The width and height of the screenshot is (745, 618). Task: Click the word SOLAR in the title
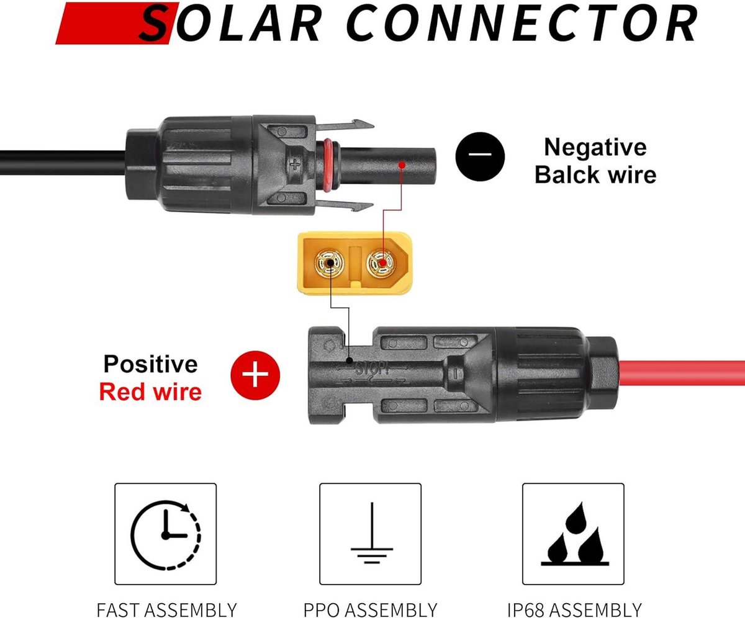point(230,22)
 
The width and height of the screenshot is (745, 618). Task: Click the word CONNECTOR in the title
point(521,23)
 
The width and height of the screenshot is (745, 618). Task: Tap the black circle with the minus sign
point(480,156)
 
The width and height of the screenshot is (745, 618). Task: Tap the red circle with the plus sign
point(255,375)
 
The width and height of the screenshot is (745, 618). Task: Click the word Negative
point(595,147)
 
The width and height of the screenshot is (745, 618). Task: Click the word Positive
point(151,364)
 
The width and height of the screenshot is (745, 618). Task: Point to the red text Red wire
point(151,392)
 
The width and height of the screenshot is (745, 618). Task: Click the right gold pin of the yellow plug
point(381,264)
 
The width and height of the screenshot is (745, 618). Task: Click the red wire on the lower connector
point(682,373)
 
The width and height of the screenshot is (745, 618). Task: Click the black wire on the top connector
point(63,163)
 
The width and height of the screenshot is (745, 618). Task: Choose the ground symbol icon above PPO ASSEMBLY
point(371,533)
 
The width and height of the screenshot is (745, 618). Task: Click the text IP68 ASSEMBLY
point(574,609)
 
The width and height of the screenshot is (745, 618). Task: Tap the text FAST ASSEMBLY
point(166,609)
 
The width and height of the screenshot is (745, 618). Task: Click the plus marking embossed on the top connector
point(295,164)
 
